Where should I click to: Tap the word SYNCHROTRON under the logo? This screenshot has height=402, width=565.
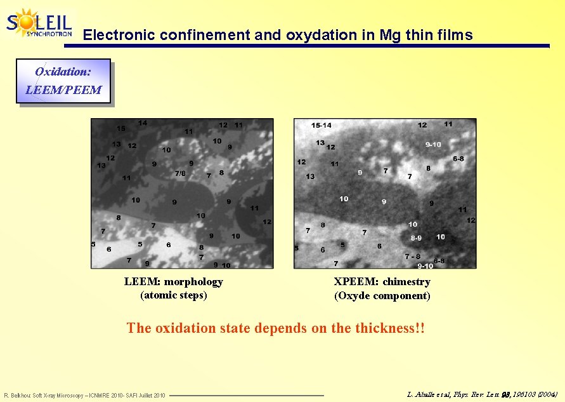[x=48, y=34]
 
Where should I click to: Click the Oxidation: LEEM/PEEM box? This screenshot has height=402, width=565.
[x=63, y=81]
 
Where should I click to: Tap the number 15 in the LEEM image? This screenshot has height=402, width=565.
[x=120, y=128]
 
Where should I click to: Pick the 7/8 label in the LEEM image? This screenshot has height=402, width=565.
[x=180, y=173]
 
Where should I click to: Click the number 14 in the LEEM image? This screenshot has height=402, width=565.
[x=143, y=123]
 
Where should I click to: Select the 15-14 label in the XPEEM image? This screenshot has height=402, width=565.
[x=321, y=126]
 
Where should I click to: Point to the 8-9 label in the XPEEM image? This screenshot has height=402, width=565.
[x=416, y=238]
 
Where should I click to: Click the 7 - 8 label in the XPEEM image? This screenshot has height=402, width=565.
[x=412, y=257]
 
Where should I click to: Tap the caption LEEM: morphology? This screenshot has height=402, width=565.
[x=173, y=281]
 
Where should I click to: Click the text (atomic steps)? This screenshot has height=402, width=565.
[x=173, y=295]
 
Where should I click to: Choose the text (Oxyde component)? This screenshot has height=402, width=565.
[x=382, y=295]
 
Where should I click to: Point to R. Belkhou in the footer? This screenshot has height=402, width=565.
[x=17, y=396]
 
